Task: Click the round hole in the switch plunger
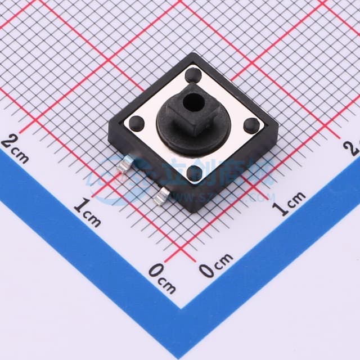click(x=195, y=102)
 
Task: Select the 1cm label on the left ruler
click(x=87, y=212)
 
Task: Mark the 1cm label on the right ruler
click(x=290, y=203)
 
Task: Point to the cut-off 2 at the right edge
click(x=354, y=147)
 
